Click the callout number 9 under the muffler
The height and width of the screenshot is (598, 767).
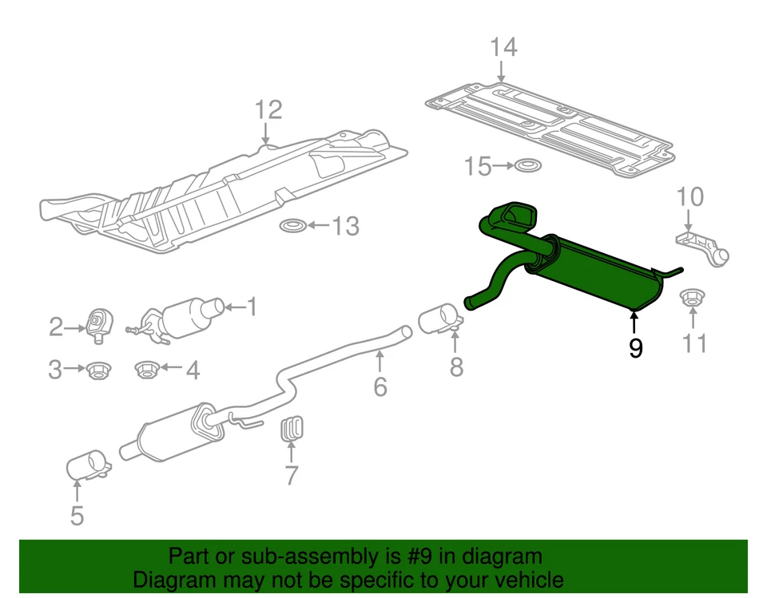[x=635, y=348]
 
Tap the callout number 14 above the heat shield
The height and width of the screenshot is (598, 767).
[x=503, y=48]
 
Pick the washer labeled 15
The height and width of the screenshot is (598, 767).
[x=527, y=166]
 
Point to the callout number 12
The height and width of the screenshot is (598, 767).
[x=269, y=109]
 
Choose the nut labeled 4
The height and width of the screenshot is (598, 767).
[x=147, y=370]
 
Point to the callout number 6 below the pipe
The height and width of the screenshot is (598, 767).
[x=380, y=387]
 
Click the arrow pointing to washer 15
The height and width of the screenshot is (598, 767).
[x=502, y=166]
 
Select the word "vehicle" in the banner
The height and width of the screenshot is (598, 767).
[x=523, y=580]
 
